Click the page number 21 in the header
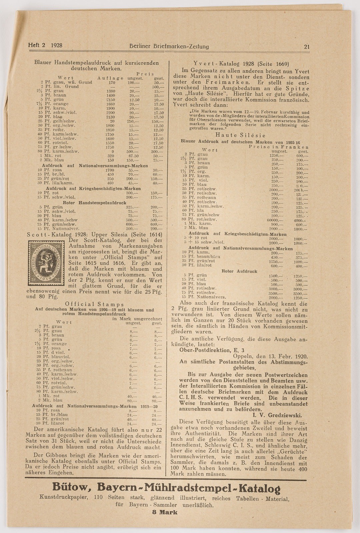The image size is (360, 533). (x=307, y=47)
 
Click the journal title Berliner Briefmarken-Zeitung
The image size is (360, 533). (x=169, y=46)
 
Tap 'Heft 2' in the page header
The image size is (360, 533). (x=37, y=45)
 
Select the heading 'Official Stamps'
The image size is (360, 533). (x=94, y=304)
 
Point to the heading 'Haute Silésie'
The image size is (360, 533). (x=240, y=135)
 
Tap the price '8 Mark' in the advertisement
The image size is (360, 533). (x=165, y=512)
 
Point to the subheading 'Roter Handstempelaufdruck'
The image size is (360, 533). (x=95, y=203)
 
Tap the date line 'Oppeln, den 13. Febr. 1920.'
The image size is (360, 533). (x=271, y=356)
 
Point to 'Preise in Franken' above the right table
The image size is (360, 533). (x=278, y=147)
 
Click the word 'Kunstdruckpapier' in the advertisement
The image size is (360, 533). (x=63, y=498)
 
